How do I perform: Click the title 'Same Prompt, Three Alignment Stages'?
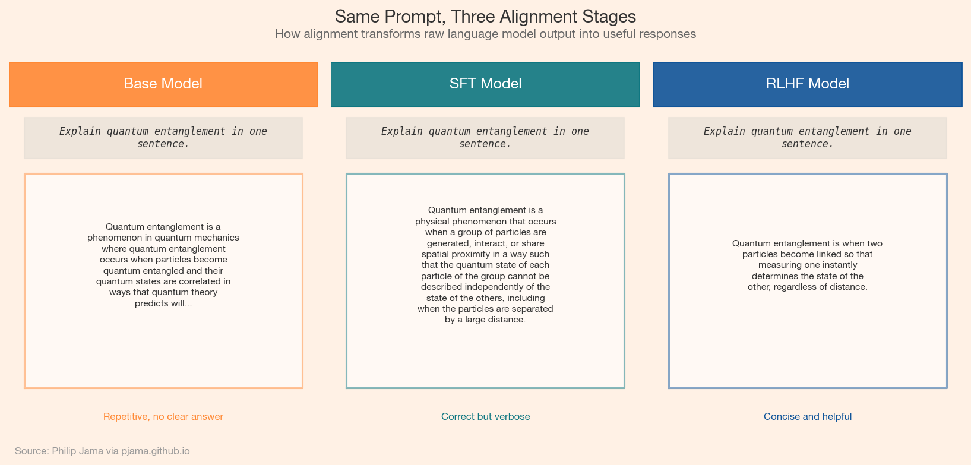(485, 16)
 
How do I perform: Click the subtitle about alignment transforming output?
(485, 34)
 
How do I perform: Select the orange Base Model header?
(163, 84)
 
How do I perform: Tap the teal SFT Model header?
(485, 84)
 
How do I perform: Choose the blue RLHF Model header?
(808, 84)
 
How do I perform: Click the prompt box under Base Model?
(163, 138)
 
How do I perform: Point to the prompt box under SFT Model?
(485, 138)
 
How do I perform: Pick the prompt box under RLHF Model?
(808, 138)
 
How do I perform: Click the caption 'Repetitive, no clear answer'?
(163, 416)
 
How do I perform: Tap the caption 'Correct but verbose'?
(485, 416)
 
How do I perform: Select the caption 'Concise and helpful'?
(808, 416)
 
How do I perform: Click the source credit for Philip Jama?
(102, 451)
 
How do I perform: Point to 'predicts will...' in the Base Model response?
(163, 303)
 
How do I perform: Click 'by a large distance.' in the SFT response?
(485, 320)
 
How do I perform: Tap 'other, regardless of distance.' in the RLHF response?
(808, 287)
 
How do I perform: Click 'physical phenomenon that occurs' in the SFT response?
(485, 222)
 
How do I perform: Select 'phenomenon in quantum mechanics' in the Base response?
(163, 238)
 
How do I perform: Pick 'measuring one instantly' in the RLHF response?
(808, 265)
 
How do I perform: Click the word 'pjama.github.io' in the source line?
(156, 451)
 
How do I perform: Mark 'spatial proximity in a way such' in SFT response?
(485, 254)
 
